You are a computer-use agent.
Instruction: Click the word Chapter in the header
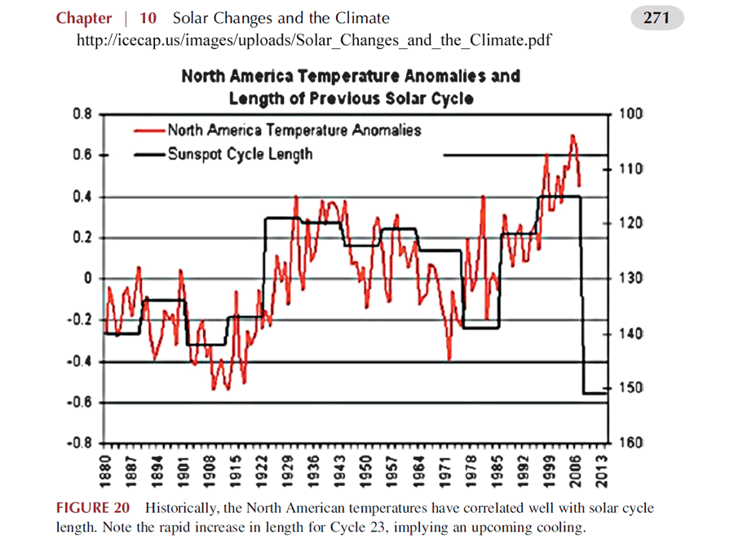(83, 18)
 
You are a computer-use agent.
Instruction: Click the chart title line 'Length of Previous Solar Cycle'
(351, 98)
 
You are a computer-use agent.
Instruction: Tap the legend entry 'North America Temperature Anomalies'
(294, 130)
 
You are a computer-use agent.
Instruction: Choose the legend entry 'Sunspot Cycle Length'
(240, 153)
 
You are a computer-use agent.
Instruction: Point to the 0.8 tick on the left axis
(81, 113)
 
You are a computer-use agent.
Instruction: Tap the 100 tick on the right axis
(632, 113)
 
